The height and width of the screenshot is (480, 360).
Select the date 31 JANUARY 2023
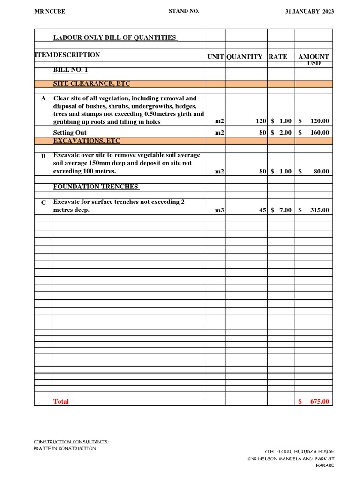(309, 12)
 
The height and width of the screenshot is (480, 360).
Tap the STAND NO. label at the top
(184, 11)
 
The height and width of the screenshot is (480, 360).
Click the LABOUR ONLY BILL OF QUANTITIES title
(115, 37)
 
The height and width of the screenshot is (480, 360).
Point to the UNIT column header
(216, 57)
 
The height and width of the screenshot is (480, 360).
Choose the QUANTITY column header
(245, 57)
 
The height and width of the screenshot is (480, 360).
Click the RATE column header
(278, 57)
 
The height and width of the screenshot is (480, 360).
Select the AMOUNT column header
(314, 57)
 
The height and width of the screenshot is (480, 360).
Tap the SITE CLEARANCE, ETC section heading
(92, 84)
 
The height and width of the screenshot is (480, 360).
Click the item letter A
(43, 99)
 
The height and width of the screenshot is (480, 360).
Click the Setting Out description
(70, 133)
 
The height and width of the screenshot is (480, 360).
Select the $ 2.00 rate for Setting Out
(281, 133)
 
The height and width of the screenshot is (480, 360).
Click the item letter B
(43, 156)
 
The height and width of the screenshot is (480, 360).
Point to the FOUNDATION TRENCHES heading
(96, 187)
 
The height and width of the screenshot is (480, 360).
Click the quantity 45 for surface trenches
(262, 210)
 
